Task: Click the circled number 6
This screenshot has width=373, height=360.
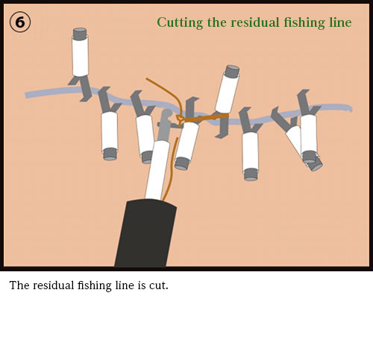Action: coord(20,22)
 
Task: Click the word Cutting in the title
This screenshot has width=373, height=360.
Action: coord(180,23)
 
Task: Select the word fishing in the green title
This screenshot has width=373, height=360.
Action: coord(304,23)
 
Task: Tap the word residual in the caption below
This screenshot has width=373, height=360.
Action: coord(54,285)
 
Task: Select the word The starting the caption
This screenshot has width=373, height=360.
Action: coord(19,285)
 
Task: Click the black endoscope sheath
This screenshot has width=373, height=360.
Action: coord(145,233)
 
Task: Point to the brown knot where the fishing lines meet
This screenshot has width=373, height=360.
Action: coord(180,119)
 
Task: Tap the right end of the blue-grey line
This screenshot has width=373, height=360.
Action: coord(351,108)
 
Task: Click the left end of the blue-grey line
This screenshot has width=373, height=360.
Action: coord(26,95)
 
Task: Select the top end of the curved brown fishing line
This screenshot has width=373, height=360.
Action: coord(147,79)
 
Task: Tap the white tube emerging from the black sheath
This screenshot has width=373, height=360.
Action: coord(157,170)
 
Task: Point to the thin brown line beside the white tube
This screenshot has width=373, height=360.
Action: coord(171,169)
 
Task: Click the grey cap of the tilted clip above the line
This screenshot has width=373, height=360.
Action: coord(231,72)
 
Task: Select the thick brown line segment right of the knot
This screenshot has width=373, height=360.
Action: coord(207,118)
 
